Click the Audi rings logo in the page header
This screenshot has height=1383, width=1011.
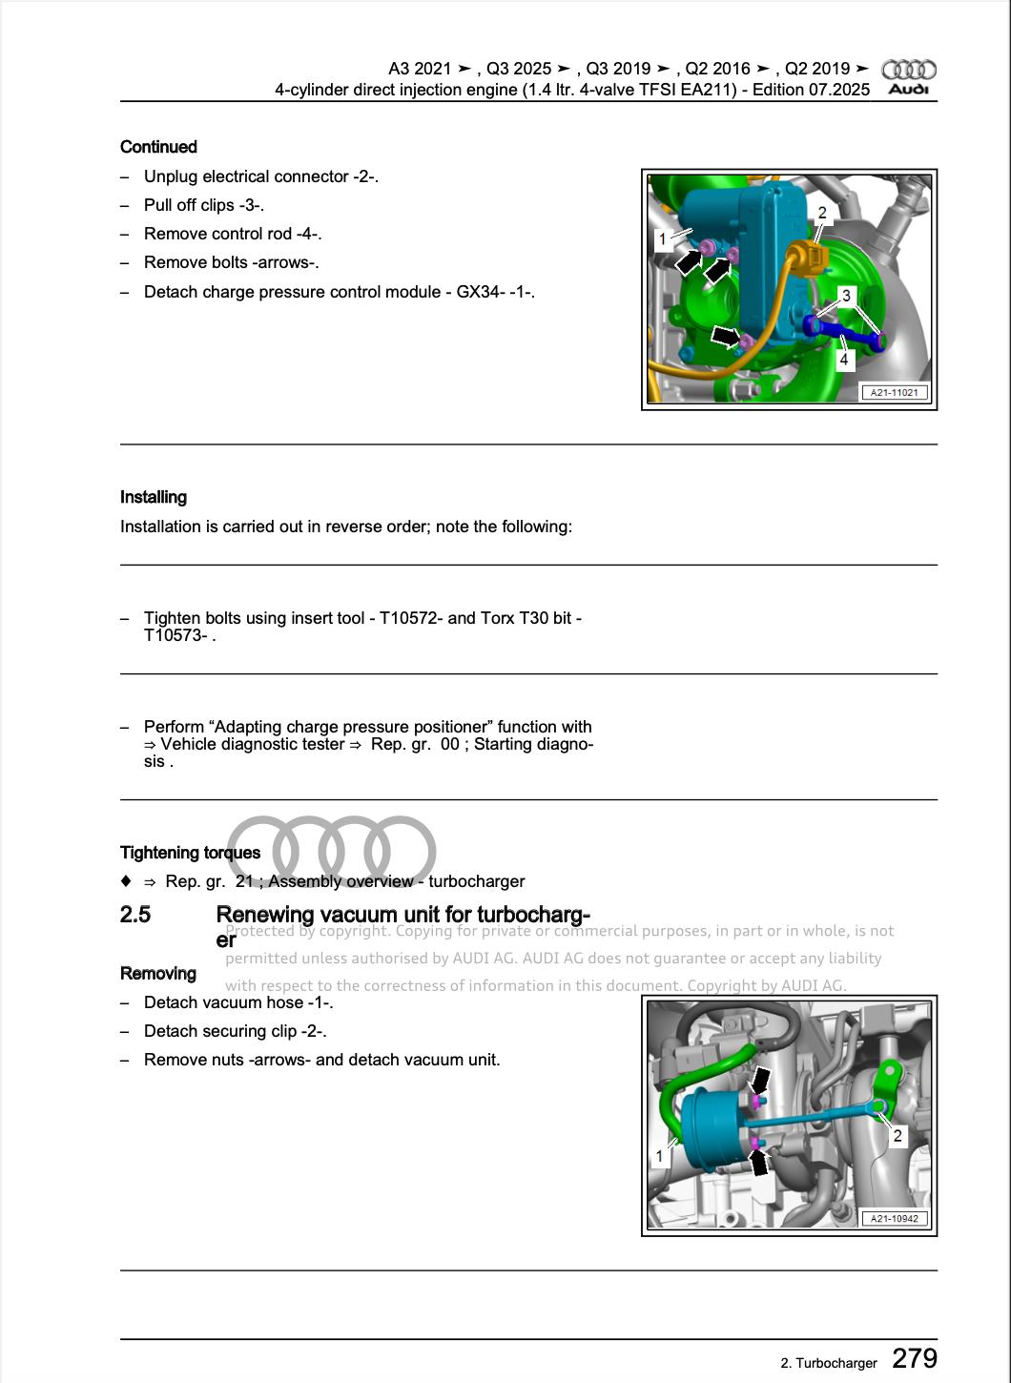[908, 70]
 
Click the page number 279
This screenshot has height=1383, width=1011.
[915, 1358]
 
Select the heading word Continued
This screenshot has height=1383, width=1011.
[158, 147]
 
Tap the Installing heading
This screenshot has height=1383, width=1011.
[154, 497]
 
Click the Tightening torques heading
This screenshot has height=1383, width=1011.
[190, 853]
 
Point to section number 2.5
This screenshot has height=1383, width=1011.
[135, 915]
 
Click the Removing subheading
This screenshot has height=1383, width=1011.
[158, 973]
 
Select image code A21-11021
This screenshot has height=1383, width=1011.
[894, 392]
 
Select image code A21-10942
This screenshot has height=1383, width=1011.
[894, 1218]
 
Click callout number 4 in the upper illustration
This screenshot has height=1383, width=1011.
[844, 360]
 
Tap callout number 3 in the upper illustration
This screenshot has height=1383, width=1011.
[845, 296]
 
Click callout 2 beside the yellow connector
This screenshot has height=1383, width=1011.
[822, 213]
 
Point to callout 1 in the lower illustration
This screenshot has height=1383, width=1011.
[659, 1156]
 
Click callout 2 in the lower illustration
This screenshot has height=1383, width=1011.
[898, 1135]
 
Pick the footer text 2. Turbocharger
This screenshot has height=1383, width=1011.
[828, 1363]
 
